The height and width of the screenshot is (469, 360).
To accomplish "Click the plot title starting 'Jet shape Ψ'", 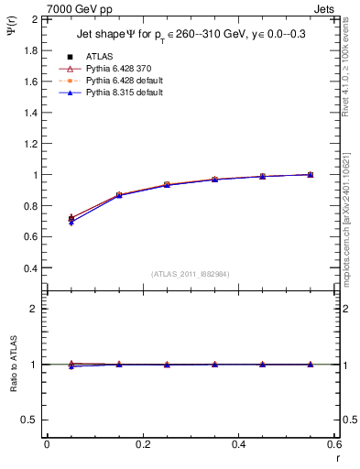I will pos(191,35).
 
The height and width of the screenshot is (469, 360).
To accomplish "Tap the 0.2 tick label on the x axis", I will pos(143,444).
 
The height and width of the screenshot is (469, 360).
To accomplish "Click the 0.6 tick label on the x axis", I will pos(334,444).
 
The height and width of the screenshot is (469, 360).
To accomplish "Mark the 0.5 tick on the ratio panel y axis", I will pos(31,420).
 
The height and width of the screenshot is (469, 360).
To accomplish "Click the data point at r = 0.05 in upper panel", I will pos(71,219).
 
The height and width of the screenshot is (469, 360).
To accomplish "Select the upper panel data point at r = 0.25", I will pos(167,185).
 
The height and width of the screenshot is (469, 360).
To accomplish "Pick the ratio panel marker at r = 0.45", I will pos(263,365).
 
